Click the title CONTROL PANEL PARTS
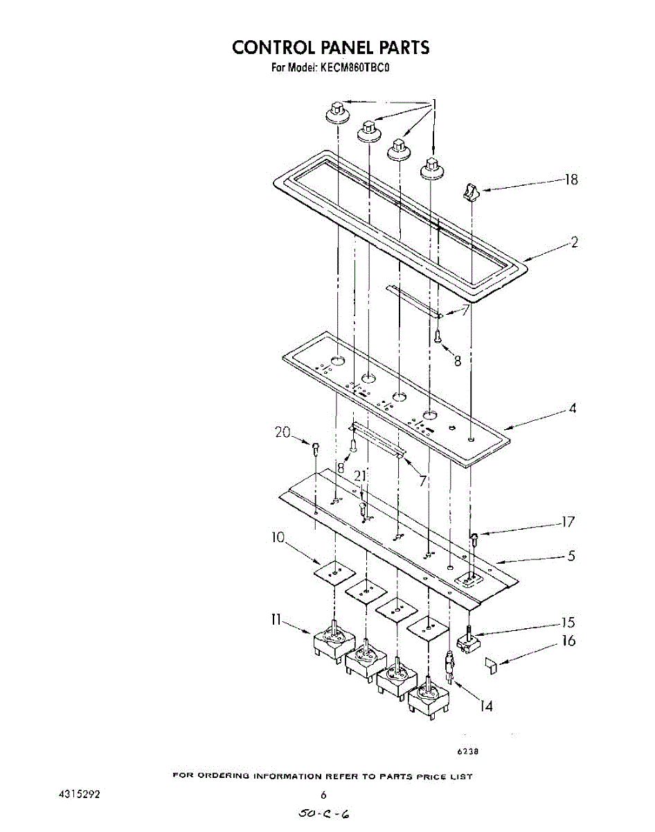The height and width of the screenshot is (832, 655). (330, 47)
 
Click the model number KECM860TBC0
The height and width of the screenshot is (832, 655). (357, 68)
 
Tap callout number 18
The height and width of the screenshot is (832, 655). (571, 180)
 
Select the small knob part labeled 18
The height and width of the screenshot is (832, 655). (471, 192)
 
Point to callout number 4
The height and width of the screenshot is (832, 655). (573, 408)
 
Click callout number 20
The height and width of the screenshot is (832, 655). (282, 433)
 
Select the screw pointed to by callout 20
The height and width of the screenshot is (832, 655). (316, 449)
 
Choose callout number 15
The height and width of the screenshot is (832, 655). (568, 623)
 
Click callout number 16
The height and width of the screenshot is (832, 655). (568, 641)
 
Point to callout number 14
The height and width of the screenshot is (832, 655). (487, 707)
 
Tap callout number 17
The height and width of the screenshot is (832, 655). (568, 523)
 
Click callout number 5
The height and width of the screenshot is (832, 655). (571, 555)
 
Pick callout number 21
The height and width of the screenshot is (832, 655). (359, 476)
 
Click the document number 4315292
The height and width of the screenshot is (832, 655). (80, 795)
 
